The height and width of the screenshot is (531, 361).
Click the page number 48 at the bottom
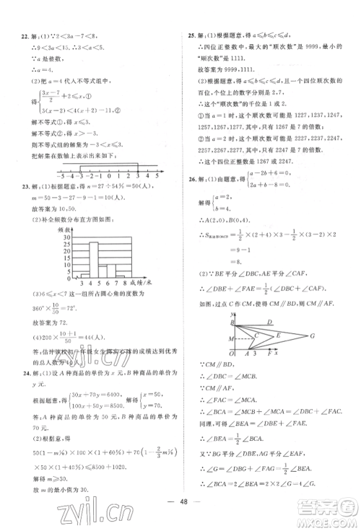tap(183, 503)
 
